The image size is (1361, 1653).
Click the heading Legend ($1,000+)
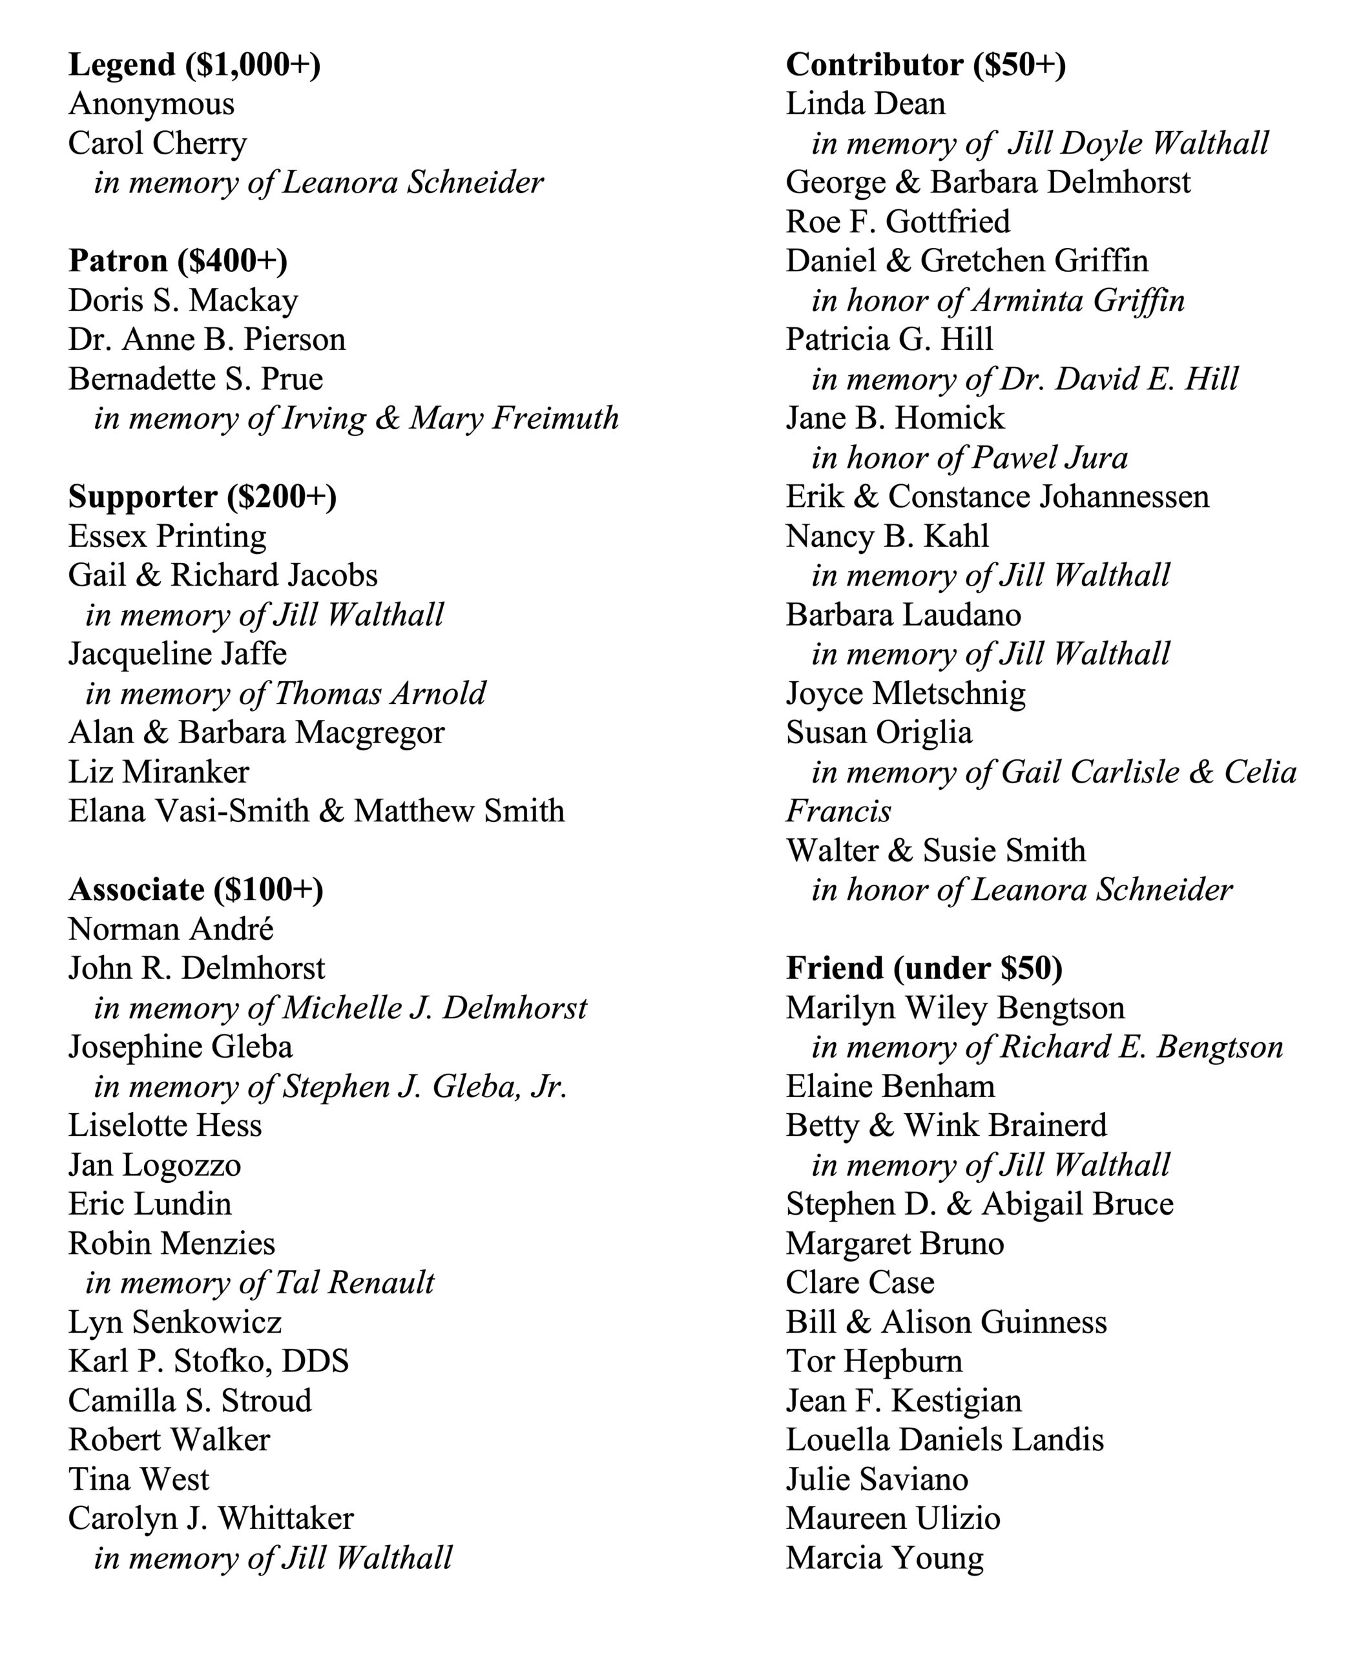(194, 65)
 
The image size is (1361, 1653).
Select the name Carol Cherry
(157, 143)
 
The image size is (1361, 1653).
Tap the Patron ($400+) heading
(178, 261)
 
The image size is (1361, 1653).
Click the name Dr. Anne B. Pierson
(206, 340)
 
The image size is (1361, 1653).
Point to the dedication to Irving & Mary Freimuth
(356, 418)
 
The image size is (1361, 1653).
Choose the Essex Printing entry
(167, 536)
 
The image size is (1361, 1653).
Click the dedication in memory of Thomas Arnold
(286, 693)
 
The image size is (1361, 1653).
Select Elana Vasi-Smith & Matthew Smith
(316, 811)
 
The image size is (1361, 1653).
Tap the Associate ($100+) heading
(195, 890)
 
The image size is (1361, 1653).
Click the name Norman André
(171, 930)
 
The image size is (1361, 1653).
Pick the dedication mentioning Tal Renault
(260, 1283)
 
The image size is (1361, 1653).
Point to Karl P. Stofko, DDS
(209, 1361)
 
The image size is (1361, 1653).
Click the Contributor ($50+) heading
(925, 65)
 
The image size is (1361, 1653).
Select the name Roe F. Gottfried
(898, 222)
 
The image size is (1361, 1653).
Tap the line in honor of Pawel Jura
(969, 458)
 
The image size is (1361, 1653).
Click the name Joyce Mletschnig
(906, 693)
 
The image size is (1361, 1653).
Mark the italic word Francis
(838, 811)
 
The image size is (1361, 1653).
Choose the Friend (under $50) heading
(924, 969)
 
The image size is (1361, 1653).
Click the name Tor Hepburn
(874, 1361)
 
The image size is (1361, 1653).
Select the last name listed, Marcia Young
(884, 1558)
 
